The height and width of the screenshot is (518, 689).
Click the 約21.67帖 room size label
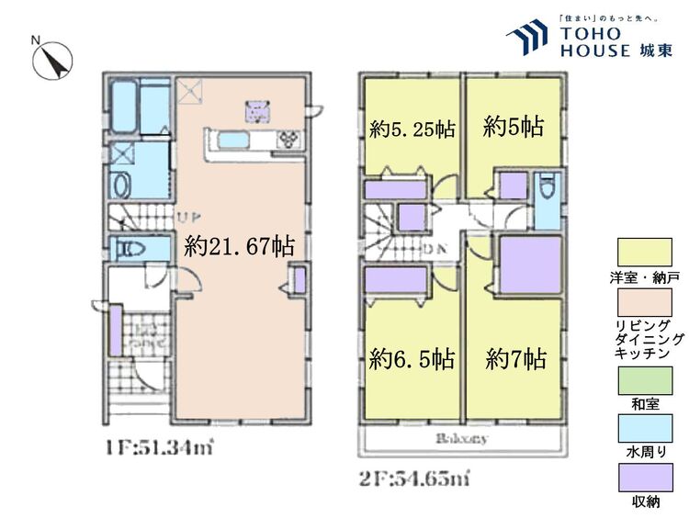239,246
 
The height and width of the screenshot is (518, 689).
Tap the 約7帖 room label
516,357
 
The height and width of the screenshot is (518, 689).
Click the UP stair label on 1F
190,218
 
